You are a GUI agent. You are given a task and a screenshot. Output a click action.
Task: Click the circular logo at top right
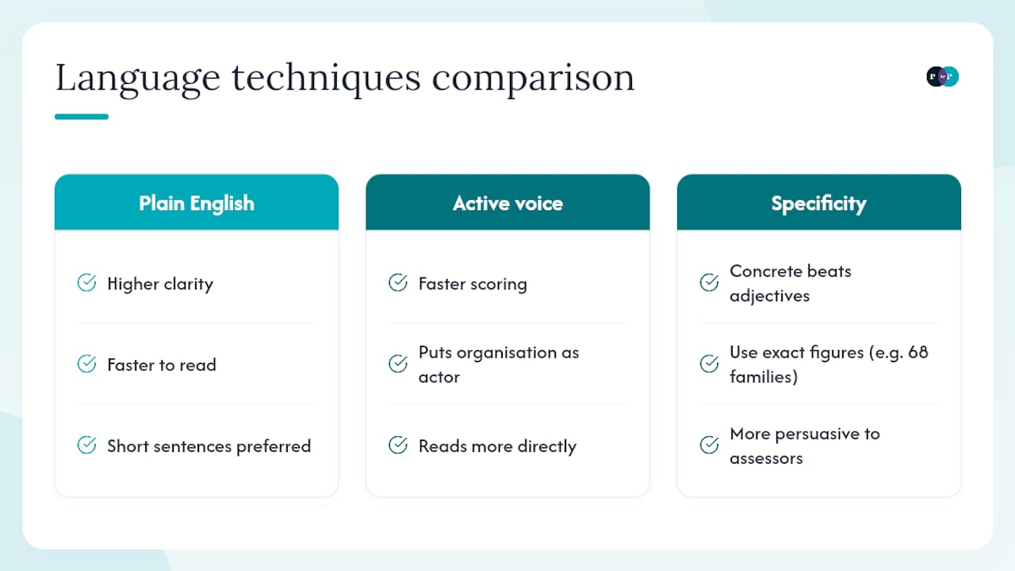[x=943, y=76]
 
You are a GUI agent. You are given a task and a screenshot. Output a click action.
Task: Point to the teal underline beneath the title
[x=82, y=117]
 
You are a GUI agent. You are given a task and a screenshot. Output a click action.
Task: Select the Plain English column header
[x=197, y=202]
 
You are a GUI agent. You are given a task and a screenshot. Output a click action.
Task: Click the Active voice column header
[x=507, y=202]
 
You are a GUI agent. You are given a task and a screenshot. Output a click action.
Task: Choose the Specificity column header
[x=819, y=202]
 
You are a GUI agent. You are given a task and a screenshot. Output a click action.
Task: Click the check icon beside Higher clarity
[x=86, y=283]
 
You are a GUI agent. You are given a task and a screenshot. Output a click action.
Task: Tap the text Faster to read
[x=162, y=365]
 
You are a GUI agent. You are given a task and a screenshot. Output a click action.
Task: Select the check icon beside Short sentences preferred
[x=86, y=445]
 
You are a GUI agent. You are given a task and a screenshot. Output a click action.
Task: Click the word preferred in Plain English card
[x=274, y=446]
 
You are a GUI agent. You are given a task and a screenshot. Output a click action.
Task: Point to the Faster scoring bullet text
[x=473, y=284]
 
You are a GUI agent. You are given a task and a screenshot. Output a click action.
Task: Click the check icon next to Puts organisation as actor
[x=398, y=363]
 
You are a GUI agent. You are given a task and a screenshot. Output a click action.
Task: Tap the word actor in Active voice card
[x=439, y=377]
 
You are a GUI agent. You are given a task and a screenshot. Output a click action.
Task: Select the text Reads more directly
[x=497, y=446]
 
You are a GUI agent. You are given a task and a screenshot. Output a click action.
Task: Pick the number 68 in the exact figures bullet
[x=918, y=352]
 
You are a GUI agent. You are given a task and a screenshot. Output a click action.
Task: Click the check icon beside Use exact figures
[x=709, y=363]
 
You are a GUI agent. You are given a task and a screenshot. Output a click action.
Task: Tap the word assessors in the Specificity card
[x=766, y=458]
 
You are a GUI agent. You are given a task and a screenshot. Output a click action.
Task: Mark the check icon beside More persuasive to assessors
[x=709, y=445]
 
